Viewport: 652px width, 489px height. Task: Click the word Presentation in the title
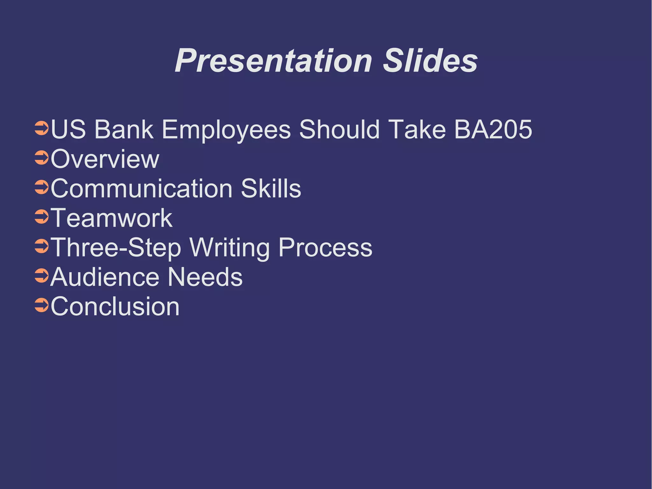coord(273,61)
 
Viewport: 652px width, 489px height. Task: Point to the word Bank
coord(124,130)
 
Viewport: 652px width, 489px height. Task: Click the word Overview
coord(105,159)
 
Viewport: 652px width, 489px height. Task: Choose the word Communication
coord(142,189)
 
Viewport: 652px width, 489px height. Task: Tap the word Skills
coord(271,189)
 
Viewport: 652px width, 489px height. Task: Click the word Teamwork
coord(111,218)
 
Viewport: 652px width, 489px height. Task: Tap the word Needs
coord(205,277)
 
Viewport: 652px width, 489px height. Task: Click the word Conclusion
coord(115,306)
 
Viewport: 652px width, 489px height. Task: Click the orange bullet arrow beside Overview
coord(41,157)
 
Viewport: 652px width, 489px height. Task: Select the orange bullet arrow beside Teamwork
coord(41,216)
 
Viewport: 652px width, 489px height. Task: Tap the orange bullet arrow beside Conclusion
coord(41,305)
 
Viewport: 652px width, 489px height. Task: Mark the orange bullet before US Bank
coord(41,128)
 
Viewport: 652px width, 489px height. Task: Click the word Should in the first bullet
coord(339,130)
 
